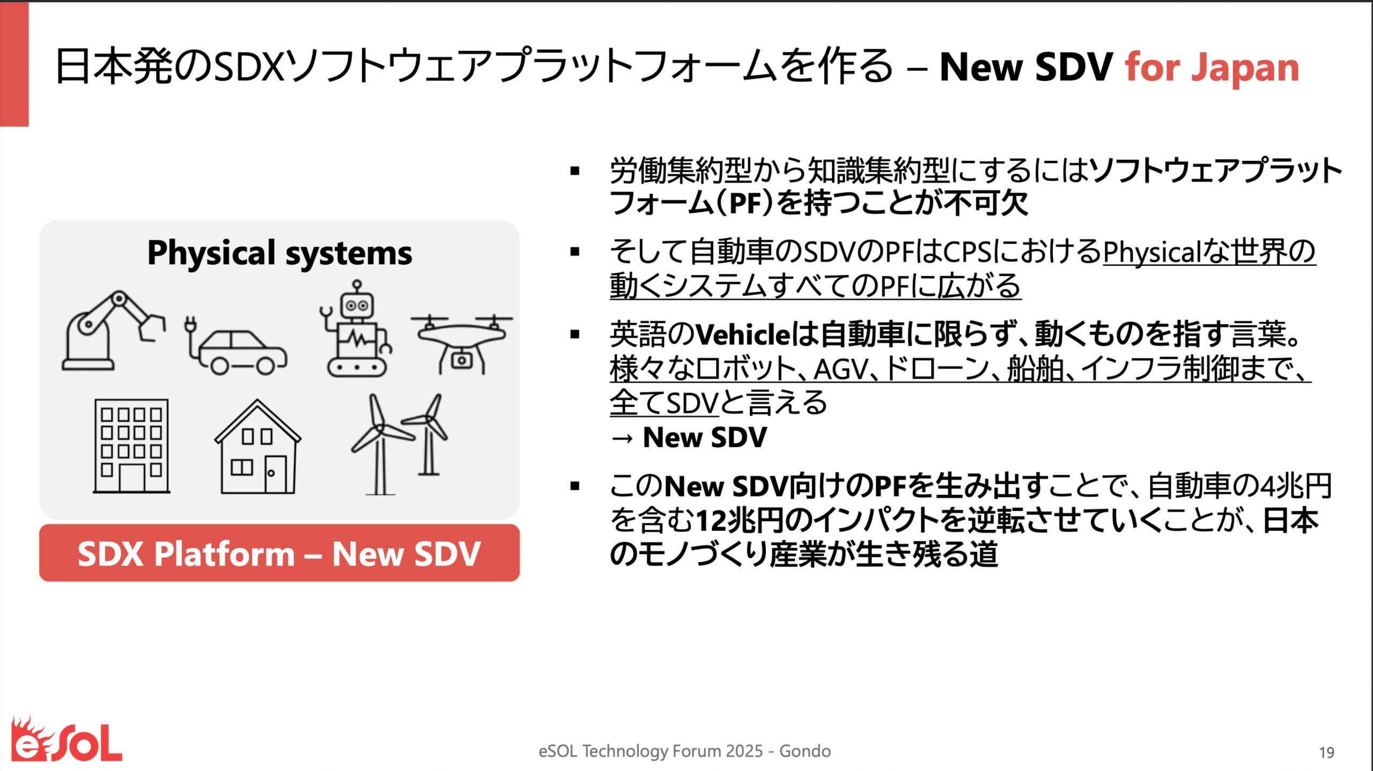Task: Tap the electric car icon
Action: [236, 346]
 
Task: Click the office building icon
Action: [131, 446]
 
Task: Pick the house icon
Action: [257, 447]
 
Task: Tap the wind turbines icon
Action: [399, 444]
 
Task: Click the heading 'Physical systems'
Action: [279, 253]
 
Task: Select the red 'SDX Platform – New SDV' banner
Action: [279, 553]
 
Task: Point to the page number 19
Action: [1326, 753]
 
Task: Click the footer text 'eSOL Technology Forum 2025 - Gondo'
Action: [684, 751]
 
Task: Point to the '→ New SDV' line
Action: [689, 438]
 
